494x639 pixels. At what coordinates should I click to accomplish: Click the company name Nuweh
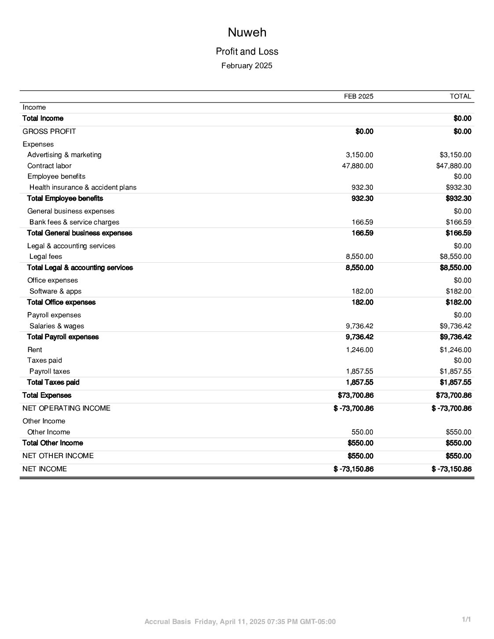click(x=247, y=33)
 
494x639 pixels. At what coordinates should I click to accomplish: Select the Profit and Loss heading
click(x=247, y=51)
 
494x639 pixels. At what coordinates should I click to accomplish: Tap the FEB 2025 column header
click(x=358, y=96)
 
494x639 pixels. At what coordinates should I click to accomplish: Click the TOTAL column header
click(x=460, y=96)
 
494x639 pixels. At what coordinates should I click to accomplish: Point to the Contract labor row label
click(x=49, y=166)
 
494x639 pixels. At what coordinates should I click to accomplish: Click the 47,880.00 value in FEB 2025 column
click(x=358, y=166)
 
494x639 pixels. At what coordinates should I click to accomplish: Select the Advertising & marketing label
click(x=64, y=155)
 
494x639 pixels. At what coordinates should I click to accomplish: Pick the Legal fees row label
click(x=46, y=257)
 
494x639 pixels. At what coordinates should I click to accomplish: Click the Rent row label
click(x=35, y=350)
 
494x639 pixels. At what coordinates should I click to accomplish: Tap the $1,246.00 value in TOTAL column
click(x=455, y=350)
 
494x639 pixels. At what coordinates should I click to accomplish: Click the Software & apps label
click(x=55, y=291)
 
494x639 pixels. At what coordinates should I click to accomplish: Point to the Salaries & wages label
click(x=57, y=326)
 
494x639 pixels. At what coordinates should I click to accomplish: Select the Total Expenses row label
click(x=47, y=395)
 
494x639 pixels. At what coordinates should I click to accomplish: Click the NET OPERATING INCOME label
click(x=66, y=408)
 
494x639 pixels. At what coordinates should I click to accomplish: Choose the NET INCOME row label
click(x=44, y=469)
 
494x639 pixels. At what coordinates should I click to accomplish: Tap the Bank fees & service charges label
click(x=74, y=222)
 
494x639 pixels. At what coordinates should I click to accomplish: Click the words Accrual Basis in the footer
click(x=168, y=622)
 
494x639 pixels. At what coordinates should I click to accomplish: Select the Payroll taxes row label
click(x=50, y=371)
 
